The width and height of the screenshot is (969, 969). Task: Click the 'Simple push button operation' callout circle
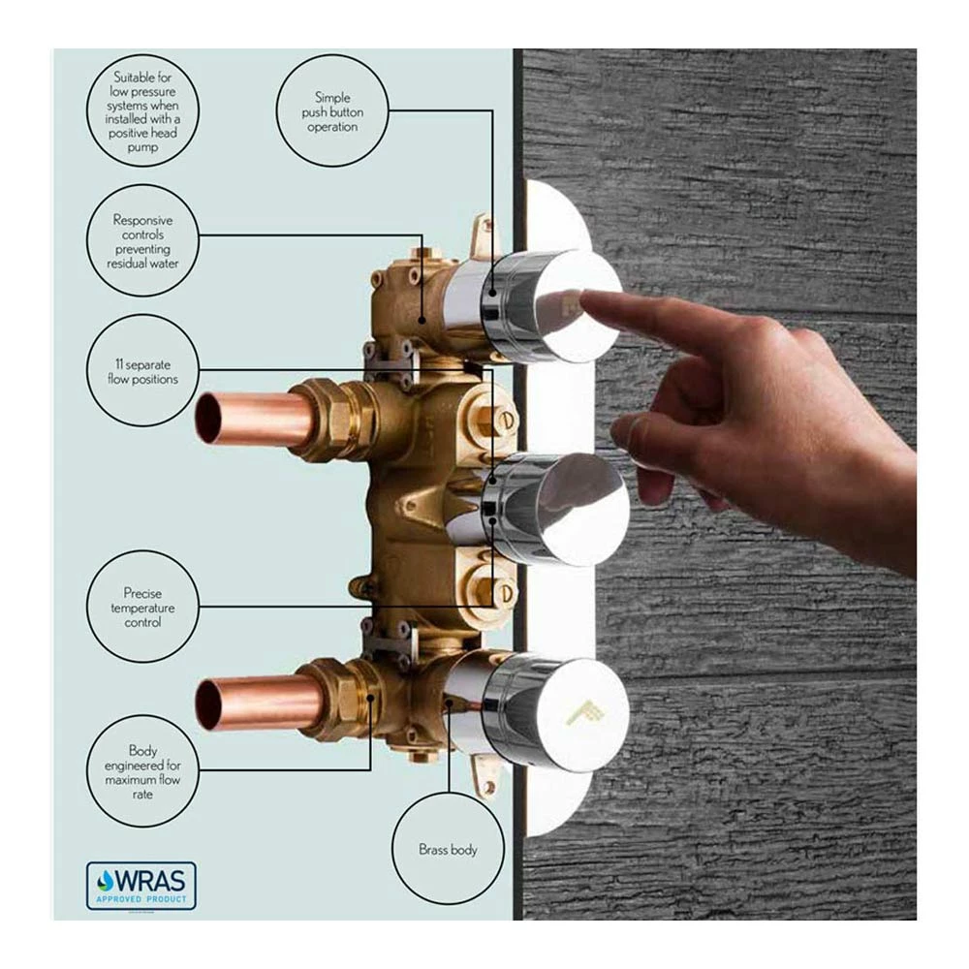332,110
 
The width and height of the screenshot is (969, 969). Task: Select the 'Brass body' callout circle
448,849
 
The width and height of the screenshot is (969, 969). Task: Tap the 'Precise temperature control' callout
142,607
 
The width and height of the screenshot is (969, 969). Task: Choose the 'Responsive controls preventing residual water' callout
142,240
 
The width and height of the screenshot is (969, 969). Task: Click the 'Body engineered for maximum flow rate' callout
142,771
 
